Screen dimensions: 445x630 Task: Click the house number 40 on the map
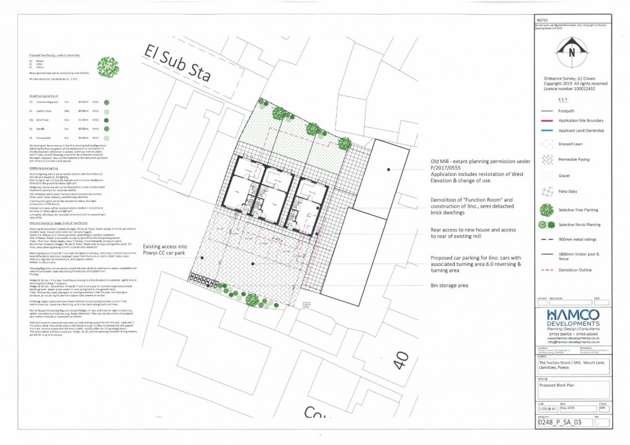point(400,359)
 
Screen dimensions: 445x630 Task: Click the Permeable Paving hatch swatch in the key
point(547,158)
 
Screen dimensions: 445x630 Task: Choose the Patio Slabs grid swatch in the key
point(547,192)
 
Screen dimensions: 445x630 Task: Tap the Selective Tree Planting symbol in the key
point(547,209)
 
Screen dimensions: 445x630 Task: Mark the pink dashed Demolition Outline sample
point(547,270)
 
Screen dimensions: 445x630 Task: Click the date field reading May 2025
point(571,408)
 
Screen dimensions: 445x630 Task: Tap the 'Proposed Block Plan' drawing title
point(555,385)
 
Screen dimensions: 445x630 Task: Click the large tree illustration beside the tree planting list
point(108,66)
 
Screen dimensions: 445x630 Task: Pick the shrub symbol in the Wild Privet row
point(106,120)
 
